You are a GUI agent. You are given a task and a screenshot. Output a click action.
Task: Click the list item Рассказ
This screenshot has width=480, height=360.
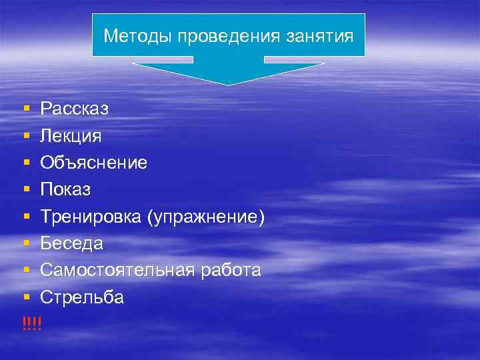click(74, 108)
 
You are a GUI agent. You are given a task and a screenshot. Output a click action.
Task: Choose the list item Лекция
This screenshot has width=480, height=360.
click(71, 135)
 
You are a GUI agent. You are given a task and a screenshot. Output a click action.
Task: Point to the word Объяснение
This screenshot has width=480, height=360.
click(94, 163)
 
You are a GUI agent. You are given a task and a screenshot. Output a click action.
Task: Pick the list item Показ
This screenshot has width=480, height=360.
click(65, 190)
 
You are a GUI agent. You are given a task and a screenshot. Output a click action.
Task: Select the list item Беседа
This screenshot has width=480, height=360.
click(71, 244)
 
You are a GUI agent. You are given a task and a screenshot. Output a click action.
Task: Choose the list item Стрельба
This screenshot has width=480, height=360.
click(82, 297)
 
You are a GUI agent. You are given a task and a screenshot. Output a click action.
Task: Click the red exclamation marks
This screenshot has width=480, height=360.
click(31, 324)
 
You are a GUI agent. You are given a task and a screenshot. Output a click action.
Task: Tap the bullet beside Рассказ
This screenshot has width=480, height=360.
click(25, 108)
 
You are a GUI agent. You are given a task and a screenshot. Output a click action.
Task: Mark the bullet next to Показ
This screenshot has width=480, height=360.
click(25, 190)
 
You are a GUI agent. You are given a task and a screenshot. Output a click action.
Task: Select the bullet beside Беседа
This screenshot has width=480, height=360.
click(25, 244)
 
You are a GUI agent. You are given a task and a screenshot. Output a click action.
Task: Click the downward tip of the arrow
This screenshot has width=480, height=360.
click(229, 83)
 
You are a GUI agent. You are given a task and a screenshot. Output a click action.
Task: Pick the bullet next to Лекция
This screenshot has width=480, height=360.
click(25, 135)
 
